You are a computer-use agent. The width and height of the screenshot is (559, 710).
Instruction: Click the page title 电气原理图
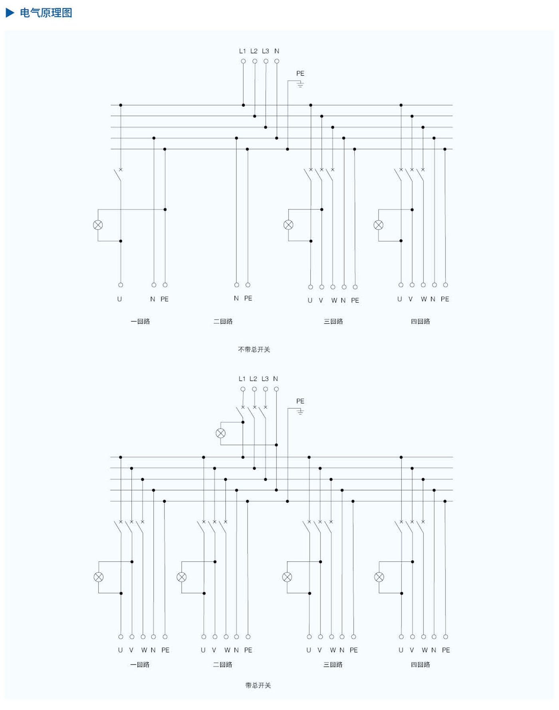coord(46,13)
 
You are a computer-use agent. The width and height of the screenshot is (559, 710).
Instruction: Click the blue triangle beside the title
coord(10,13)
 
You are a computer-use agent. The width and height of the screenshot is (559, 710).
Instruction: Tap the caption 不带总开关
coord(254,349)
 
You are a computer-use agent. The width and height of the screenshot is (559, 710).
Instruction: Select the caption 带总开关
coord(258,685)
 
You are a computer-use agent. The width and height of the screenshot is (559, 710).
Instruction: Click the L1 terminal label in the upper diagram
coord(242,51)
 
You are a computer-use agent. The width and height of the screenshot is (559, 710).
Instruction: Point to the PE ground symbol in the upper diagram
coord(300,84)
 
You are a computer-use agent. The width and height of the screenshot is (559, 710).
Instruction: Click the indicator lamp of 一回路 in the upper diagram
coord(98,225)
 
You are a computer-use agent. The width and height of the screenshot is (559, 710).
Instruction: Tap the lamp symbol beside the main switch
coord(220,433)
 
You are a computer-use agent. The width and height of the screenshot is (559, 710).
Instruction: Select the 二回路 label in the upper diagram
coord(223,321)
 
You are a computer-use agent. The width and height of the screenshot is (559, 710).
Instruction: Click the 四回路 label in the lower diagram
coord(420,665)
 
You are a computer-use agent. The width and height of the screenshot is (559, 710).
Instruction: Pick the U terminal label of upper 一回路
coord(119,299)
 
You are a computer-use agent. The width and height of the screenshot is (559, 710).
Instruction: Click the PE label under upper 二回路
coord(248,298)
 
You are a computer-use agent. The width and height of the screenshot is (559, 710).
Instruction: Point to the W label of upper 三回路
coord(334,300)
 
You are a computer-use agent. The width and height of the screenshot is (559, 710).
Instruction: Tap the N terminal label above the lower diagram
coord(276,379)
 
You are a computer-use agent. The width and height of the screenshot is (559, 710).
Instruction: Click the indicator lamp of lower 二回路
coord(181,577)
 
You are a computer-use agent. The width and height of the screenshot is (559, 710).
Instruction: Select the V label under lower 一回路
coord(131,650)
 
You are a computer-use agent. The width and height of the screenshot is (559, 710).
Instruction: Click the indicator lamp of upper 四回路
coord(379,225)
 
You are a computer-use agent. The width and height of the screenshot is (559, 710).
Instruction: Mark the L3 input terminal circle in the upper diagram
coord(266,61)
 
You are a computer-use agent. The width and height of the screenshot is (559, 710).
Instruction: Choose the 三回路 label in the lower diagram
coord(333,665)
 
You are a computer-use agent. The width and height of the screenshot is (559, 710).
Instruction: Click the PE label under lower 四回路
coord(446,650)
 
